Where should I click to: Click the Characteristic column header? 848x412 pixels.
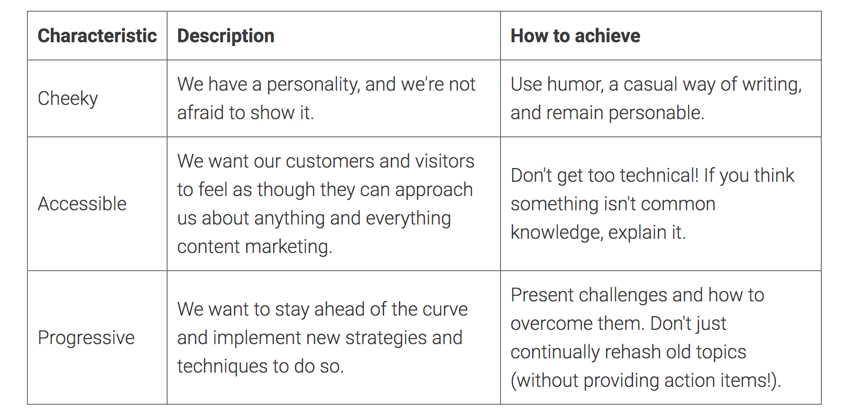pyautogui.click(x=97, y=36)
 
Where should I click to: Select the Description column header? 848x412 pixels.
pyautogui.click(x=226, y=37)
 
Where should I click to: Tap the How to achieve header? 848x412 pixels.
pyautogui.click(x=575, y=36)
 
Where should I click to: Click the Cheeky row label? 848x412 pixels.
pyautogui.click(x=68, y=99)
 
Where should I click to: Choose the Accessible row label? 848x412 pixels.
pyautogui.click(x=82, y=204)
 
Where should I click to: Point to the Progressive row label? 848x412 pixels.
pyautogui.click(x=86, y=338)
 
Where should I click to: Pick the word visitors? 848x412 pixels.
pyautogui.click(x=445, y=161)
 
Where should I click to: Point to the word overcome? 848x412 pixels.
pyautogui.click(x=552, y=324)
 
